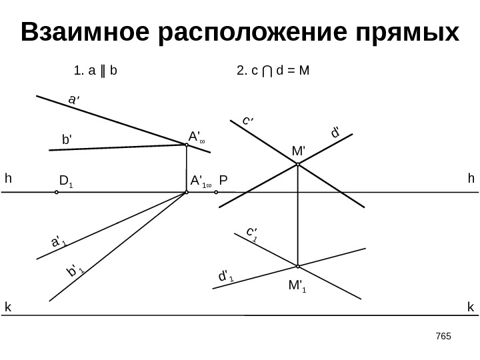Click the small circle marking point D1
pos(57,193)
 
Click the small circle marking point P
pos(217,193)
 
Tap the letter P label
pos(224,181)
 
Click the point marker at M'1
pos(298,265)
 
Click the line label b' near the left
pos(66,141)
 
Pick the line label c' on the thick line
pos(248,121)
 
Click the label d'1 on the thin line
pos(226,275)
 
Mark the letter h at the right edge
pos(471,179)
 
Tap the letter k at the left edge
pos(8,307)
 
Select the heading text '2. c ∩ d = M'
pos(274,69)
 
